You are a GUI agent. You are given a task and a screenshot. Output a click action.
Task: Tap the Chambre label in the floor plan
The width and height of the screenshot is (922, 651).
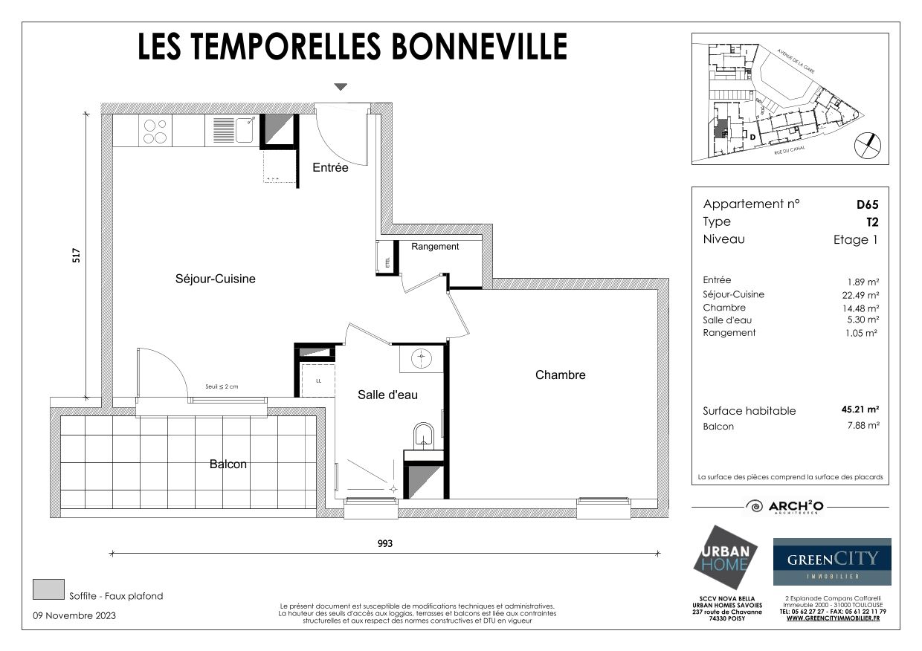pos(560,375)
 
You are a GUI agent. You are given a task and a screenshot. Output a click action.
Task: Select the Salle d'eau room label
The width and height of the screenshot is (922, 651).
pos(387,395)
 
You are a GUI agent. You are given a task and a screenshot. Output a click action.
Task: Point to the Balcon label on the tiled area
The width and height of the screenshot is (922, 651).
pos(228,464)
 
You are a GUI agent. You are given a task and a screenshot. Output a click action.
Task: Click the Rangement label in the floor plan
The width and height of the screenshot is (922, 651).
pos(435,247)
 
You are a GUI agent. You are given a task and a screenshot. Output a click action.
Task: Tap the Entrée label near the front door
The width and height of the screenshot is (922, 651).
pos(330,168)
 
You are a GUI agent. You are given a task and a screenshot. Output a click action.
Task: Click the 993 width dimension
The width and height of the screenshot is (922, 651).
pos(384,543)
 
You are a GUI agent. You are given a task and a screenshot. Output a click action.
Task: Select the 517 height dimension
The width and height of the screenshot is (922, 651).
pos(76,256)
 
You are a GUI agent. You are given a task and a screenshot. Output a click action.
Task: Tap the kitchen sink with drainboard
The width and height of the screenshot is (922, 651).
pos(234,130)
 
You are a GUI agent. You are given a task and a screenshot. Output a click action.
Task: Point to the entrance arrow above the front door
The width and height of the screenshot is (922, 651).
pos(341,87)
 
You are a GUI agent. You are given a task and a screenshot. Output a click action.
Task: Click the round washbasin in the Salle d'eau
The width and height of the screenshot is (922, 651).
pos(422,358)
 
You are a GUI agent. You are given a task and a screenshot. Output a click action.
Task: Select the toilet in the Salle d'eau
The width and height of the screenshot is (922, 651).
pos(423,435)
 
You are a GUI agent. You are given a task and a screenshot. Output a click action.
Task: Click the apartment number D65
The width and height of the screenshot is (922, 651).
pos(867,204)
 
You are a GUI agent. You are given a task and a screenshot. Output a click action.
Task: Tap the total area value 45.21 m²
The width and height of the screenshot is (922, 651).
pos(861,409)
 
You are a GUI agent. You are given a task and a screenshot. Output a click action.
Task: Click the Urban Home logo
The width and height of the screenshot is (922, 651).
pos(726,557)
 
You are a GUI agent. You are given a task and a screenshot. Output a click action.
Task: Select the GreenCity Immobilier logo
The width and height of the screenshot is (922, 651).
pos(832,562)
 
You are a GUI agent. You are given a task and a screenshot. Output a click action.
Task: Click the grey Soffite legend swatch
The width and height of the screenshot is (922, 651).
pos(48,589)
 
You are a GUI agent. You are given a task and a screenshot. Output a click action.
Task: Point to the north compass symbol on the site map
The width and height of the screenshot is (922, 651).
pos(866,146)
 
